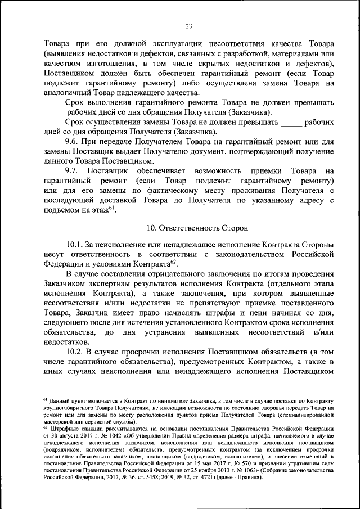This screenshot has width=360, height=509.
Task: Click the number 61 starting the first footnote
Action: (46, 398)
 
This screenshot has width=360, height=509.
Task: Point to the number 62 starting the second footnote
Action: (46, 427)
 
